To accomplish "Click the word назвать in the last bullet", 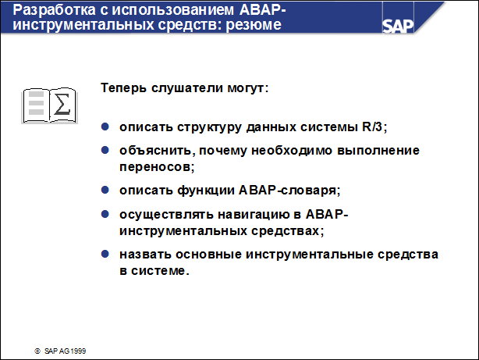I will point(144,255).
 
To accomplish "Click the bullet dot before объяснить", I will point(106,149).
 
